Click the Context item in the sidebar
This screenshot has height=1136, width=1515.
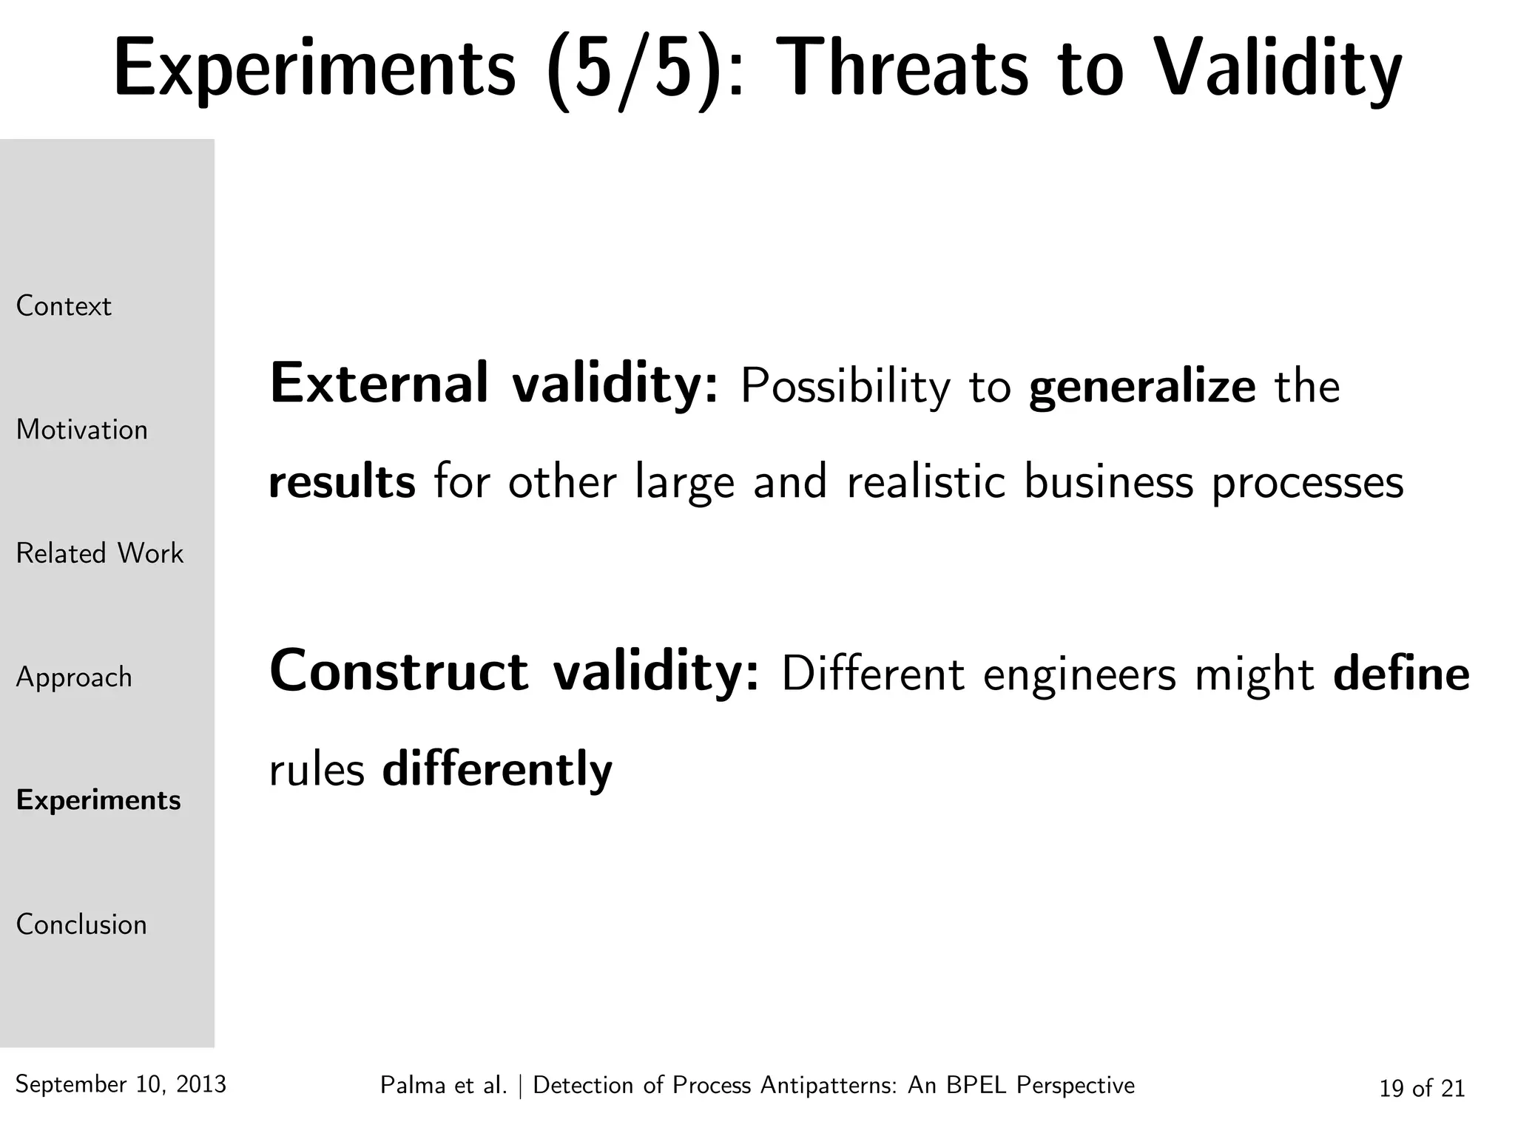click(x=64, y=306)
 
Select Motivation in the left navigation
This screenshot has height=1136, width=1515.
click(x=82, y=430)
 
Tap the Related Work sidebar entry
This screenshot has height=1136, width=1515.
click(x=100, y=553)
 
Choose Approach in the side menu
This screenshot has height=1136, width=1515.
click(x=74, y=677)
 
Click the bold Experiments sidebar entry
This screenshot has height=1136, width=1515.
click(x=98, y=800)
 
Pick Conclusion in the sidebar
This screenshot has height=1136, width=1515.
click(x=81, y=924)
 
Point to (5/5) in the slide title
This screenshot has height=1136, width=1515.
click(x=633, y=68)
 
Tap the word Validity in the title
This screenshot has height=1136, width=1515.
click(x=1277, y=68)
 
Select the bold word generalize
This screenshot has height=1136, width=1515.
click(x=1141, y=386)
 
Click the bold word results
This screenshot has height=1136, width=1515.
click(x=342, y=481)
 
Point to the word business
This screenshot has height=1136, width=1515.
click(x=1108, y=481)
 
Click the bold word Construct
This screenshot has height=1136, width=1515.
click(x=399, y=672)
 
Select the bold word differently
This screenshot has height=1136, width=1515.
click(x=497, y=769)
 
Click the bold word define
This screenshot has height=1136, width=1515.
click(x=1401, y=673)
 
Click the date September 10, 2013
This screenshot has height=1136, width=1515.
click(x=121, y=1084)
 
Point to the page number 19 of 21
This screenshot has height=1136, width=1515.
click(x=1422, y=1088)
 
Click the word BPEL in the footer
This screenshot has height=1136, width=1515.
click(x=978, y=1085)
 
